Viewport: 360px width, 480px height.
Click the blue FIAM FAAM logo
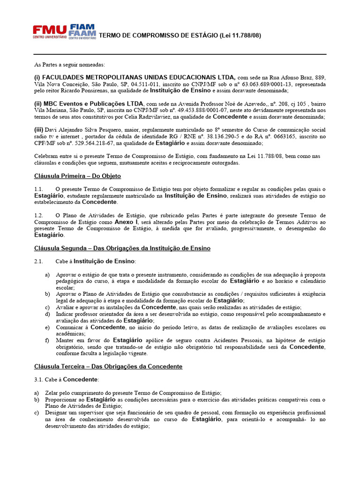click(82, 31)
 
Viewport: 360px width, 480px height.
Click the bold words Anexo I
click(127, 221)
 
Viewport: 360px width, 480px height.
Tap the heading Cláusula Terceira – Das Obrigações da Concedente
click(108, 366)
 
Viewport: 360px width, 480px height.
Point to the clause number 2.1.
click(38, 261)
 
